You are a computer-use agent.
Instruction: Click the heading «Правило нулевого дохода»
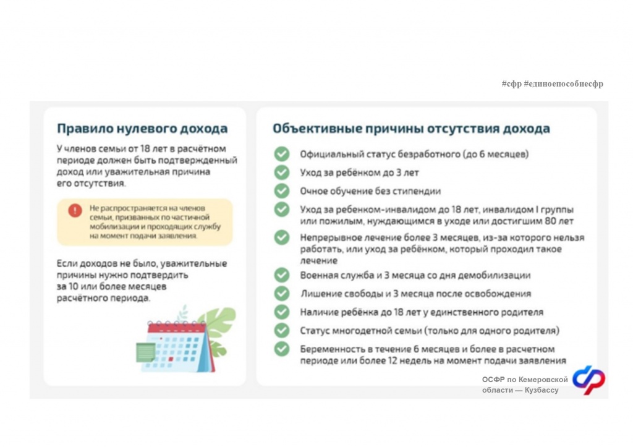(x=142, y=129)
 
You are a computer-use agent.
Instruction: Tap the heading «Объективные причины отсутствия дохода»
(x=411, y=129)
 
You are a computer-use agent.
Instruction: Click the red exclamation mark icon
(x=75, y=210)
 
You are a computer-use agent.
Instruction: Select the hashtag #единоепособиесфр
(x=564, y=83)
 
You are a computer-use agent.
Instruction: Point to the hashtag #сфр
(x=511, y=83)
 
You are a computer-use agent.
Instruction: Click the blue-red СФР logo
(x=589, y=380)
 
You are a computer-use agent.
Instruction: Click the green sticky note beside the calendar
(x=145, y=352)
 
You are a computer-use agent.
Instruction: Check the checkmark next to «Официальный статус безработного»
(x=282, y=154)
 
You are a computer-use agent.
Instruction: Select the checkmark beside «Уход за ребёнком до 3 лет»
(x=282, y=172)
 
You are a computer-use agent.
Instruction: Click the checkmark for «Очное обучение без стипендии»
(x=282, y=191)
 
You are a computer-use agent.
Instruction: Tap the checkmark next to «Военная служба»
(x=282, y=275)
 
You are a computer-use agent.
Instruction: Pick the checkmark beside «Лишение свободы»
(x=282, y=294)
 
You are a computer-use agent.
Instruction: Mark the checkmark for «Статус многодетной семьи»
(x=282, y=331)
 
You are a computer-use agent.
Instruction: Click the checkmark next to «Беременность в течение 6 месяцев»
(x=282, y=349)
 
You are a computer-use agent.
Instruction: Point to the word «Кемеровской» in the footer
(x=543, y=380)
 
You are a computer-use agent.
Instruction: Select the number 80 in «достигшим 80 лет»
(x=551, y=221)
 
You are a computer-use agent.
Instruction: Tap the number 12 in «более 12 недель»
(x=393, y=360)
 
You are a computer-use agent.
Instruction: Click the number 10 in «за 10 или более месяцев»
(x=73, y=287)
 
